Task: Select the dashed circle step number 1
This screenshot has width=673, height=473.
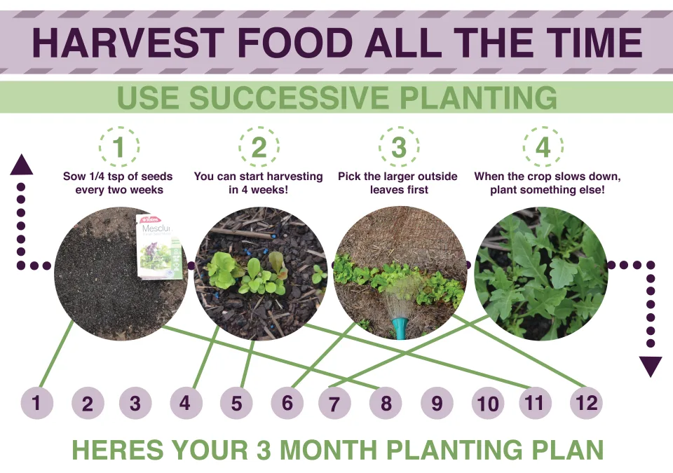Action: click(119, 147)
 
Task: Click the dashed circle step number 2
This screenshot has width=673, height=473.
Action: click(259, 147)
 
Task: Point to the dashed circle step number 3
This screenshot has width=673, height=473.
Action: click(399, 147)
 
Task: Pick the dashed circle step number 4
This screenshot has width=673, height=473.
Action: click(543, 147)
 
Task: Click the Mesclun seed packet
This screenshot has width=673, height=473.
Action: click(158, 246)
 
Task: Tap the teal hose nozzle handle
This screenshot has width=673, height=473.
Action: click(399, 328)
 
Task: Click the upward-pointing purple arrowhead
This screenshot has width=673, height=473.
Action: click(21, 165)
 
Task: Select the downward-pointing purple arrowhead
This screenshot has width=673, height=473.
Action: click(651, 366)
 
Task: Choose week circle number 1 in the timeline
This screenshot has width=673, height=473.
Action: click(36, 403)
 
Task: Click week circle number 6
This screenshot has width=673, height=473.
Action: click(287, 403)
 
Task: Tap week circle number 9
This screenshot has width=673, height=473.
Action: click(437, 403)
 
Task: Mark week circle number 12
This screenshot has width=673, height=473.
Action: click(586, 402)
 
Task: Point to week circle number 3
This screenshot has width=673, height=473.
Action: click(135, 403)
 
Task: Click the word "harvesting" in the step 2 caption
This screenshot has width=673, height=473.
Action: click(289, 177)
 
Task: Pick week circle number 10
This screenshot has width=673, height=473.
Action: click(487, 403)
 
